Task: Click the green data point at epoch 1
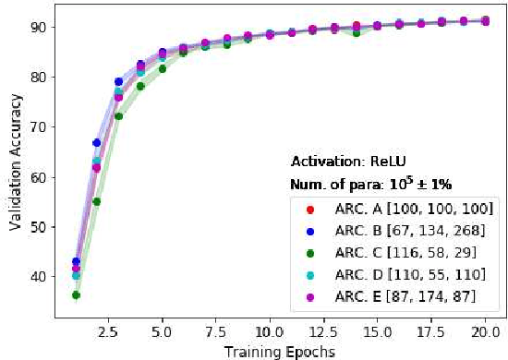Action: tap(76, 295)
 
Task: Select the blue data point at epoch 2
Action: tap(97, 143)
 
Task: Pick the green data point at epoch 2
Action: tap(97, 201)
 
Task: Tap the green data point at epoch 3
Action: tap(118, 116)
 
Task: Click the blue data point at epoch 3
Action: tap(118, 82)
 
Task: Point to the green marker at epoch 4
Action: tap(140, 87)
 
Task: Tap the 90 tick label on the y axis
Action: tap(40, 27)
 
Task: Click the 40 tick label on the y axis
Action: tap(40, 277)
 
